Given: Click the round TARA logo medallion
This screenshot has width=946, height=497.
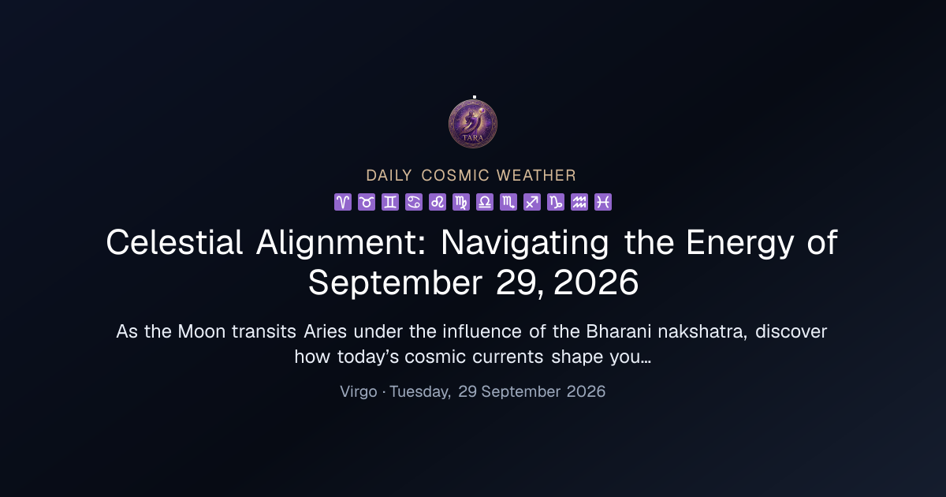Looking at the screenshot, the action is coord(472,124).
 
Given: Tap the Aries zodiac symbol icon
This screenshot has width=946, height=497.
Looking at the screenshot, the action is coord(343,202).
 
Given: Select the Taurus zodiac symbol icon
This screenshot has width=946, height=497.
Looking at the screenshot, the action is coord(367,202).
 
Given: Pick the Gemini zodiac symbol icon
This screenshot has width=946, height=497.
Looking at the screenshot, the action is coord(390,202).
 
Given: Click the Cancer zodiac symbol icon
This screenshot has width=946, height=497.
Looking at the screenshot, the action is coord(414,202).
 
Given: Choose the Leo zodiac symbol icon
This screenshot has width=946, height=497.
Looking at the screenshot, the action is coord(438,202).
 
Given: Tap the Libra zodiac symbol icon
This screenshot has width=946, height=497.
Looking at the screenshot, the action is coord(485,202).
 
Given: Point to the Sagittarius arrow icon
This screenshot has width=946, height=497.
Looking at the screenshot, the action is coord(532,202).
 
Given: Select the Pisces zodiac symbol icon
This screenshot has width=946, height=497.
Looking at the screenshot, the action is coord(603,202).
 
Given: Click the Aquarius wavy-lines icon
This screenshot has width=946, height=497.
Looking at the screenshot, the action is coord(579,202).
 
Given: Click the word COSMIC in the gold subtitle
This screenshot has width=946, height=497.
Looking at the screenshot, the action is coord(456,175).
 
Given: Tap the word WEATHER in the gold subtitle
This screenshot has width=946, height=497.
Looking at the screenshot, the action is coord(536,175).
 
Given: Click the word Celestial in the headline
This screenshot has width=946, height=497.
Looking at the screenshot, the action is coord(174,243).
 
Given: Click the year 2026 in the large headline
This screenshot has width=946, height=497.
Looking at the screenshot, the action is coord(596,282).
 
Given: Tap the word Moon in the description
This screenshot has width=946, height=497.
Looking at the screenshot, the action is coord(202,332).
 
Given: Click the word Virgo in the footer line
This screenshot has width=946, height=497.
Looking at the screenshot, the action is coord(359,392).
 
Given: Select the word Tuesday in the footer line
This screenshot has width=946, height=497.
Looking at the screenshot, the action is coord(420,392).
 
